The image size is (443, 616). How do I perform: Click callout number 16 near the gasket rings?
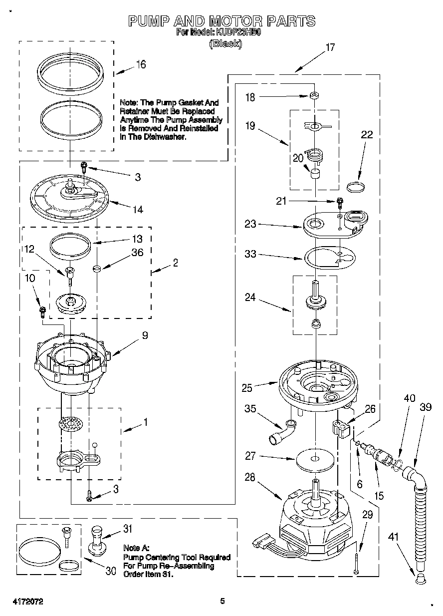(x=141, y=64)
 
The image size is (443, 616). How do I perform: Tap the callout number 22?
(x=367, y=135)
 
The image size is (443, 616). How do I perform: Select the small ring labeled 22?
(x=355, y=187)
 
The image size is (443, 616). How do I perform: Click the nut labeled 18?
(x=313, y=95)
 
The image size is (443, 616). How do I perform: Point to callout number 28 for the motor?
(x=250, y=478)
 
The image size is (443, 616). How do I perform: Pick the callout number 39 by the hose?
(x=425, y=407)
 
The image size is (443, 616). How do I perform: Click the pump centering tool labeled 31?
(x=98, y=541)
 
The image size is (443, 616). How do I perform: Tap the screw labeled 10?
(x=43, y=312)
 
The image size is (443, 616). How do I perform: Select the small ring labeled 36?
(x=97, y=269)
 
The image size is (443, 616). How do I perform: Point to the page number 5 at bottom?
(x=222, y=601)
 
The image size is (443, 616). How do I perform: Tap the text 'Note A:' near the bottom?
(x=136, y=548)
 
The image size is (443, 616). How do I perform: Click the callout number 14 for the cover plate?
(x=137, y=210)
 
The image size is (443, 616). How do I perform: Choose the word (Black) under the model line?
(x=225, y=44)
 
